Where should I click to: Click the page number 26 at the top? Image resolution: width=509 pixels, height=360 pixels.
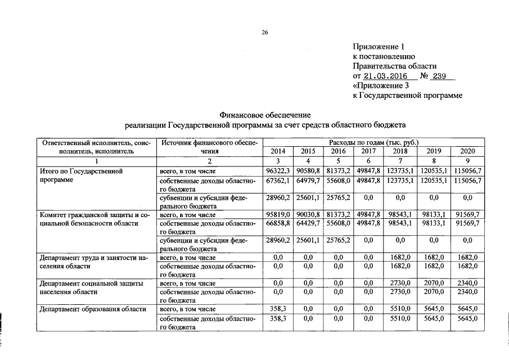click(x=265, y=33)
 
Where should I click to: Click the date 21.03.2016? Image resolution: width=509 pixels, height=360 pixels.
click(x=385, y=76)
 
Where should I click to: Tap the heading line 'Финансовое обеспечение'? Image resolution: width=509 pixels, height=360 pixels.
click(x=264, y=115)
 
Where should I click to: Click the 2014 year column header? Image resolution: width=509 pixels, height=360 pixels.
click(x=278, y=151)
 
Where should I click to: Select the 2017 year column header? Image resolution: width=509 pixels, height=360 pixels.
click(x=368, y=151)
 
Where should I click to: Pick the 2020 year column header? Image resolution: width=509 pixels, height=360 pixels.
click(x=467, y=151)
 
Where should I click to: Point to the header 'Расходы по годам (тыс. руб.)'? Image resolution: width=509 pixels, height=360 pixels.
click(x=373, y=143)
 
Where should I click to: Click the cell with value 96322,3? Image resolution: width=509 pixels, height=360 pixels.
click(x=278, y=170)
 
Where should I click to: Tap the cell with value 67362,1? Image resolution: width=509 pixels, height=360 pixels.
click(x=278, y=181)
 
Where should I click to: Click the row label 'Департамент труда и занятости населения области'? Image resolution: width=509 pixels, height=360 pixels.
click(x=93, y=262)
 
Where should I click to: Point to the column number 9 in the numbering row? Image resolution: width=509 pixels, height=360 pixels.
click(x=467, y=161)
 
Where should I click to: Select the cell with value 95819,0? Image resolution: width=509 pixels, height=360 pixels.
click(x=278, y=214)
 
